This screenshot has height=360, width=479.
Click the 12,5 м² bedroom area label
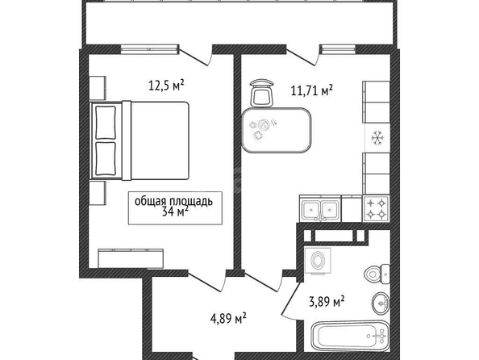click(166, 85)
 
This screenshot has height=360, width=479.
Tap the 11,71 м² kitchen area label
click(311, 90)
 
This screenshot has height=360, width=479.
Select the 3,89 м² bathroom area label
click(327, 302)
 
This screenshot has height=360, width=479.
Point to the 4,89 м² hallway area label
click(228, 318)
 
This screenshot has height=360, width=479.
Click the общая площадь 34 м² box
click(175, 208)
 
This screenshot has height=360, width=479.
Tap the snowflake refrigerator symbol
click(377, 138)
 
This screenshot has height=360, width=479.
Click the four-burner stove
click(376, 208)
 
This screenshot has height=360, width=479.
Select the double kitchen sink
click(320, 210)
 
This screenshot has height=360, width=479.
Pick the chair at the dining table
click(261, 93)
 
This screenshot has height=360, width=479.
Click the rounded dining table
click(276, 130)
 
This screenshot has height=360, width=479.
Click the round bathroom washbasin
click(381, 303)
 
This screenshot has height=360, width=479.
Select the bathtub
click(351, 336)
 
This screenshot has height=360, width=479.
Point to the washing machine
click(318, 260)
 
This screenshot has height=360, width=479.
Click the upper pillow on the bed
click(106, 122)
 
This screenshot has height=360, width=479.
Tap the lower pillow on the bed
click(106, 159)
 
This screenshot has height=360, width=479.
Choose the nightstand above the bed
click(98, 88)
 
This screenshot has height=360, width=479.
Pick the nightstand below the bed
click(98, 193)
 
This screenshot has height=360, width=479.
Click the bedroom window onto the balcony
click(150, 49)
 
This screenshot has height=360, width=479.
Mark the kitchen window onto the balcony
click(338, 49)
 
